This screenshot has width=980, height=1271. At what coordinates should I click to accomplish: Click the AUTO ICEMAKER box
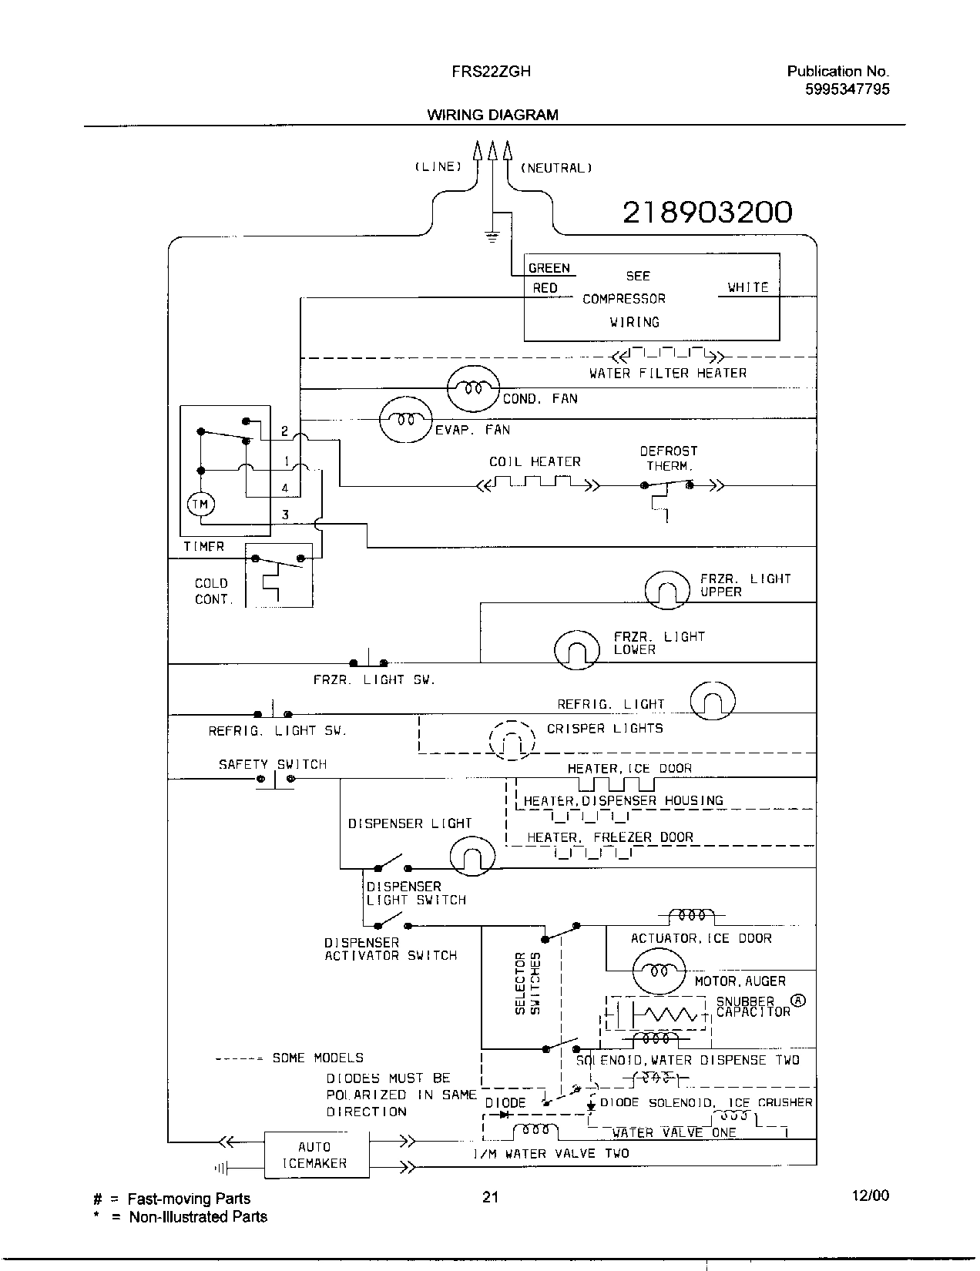[314, 1154]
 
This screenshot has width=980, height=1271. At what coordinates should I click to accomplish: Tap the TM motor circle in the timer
[200, 505]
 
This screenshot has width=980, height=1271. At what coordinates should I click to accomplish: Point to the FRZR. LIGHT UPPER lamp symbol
[666, 591]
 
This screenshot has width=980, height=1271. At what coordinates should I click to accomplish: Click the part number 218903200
[706, 212]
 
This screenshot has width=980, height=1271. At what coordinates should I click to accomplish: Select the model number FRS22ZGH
[491, 72]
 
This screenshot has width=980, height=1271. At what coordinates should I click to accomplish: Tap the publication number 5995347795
[847, 89]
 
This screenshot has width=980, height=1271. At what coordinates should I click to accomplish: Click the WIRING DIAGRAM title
[492, 116]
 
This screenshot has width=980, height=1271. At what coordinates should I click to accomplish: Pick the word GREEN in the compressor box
[549, 268]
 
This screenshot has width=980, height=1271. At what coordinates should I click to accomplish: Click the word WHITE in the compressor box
[747, 287]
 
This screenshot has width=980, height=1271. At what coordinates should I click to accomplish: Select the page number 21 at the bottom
[490, 1197]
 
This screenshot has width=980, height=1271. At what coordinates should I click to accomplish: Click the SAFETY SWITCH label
[273, 765]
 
